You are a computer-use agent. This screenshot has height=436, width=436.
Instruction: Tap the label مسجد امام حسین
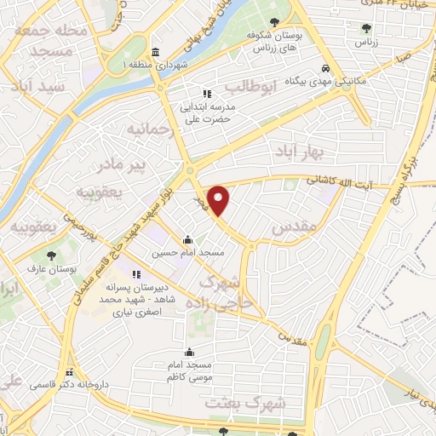pyautogui.click(x=176, y=253)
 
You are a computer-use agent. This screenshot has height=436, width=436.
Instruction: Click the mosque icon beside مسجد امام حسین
pyautogui.click(x=187, y=239)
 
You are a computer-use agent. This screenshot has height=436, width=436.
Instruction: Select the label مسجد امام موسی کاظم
pyautogui.click(x=189, y=370)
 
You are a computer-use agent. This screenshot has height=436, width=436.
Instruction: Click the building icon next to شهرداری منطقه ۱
pyautogui.click(x=155, y=50)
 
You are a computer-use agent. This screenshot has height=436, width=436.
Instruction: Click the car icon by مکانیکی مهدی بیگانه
pyautogui.click(x=325, y=68)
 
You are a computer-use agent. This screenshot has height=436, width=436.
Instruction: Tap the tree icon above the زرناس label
pyautogui.click(x=365, y=29)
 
